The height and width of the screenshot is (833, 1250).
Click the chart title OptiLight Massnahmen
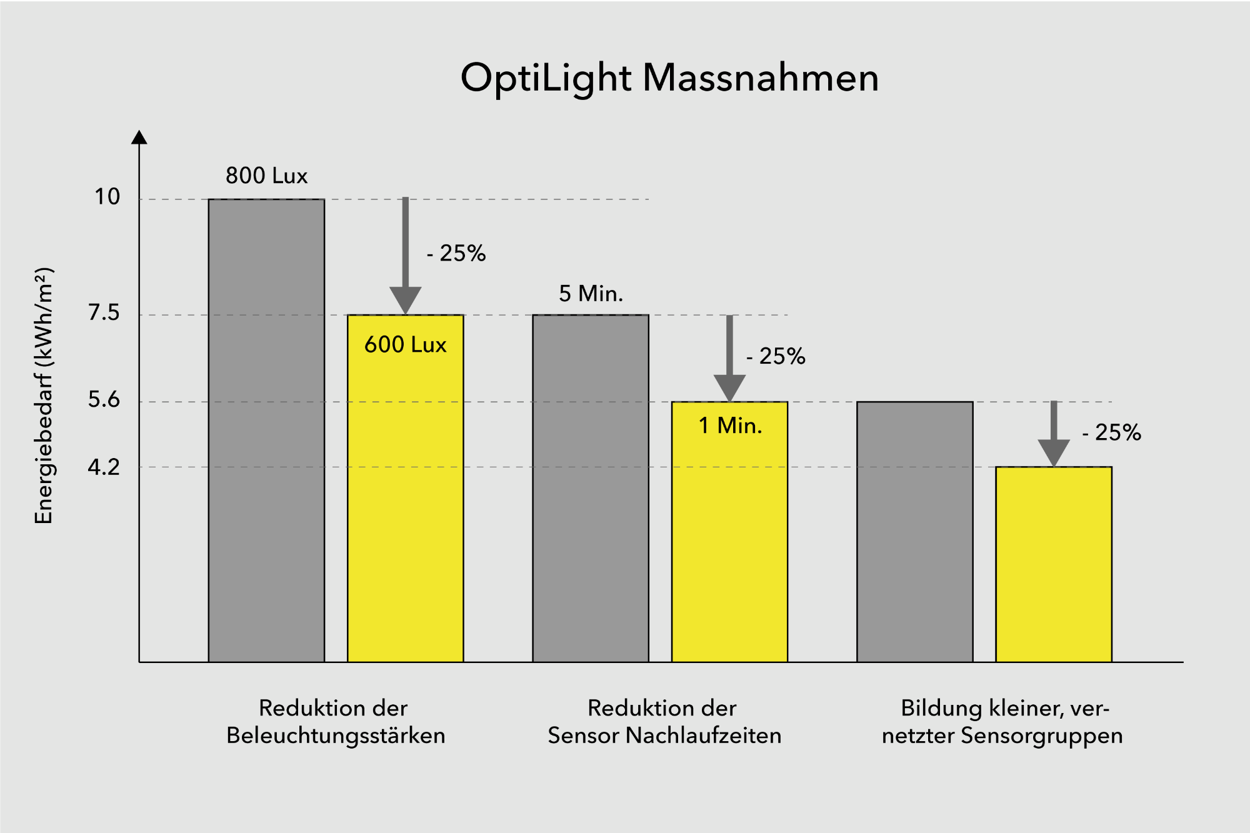click(669, 78)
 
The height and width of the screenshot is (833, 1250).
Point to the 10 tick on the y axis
click(107, 197)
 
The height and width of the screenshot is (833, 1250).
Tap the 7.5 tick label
click(104, 312)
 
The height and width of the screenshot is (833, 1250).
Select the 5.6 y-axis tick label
click(104, 399)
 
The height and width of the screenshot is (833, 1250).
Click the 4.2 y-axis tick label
click(104, 467)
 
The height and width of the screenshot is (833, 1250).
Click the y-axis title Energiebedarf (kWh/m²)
click(44, 396)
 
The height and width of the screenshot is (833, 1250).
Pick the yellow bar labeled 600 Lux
click(405, 500)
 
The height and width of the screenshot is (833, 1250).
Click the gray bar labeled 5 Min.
click(590, 487)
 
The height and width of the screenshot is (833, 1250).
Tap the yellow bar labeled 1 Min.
click(729, 544)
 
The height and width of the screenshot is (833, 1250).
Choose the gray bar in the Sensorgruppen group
click(914, 531)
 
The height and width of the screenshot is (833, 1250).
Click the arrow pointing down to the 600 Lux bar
click(406, 256)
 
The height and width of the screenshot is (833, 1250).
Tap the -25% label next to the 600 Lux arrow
click(456, 253)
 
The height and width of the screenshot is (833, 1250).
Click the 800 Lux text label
click(266, 176)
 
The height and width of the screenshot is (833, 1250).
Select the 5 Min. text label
click(591, 293)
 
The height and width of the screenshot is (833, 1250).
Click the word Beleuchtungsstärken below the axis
click(336, 736)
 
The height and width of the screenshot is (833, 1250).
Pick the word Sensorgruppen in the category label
click(1041, 736)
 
